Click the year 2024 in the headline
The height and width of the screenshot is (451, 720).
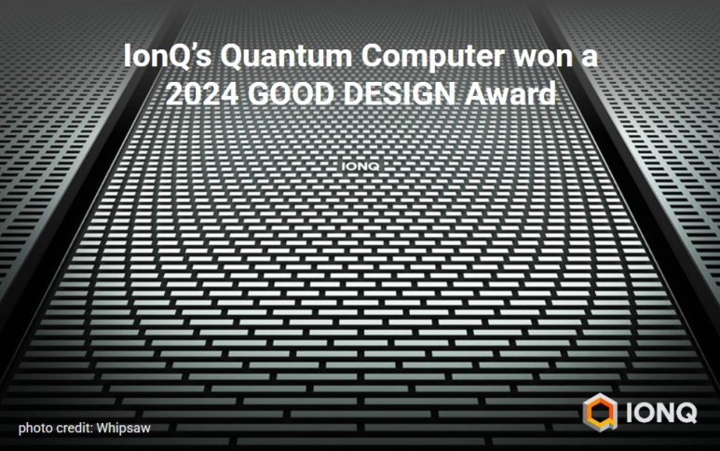point(202,94)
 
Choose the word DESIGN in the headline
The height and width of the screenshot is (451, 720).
point(400,94)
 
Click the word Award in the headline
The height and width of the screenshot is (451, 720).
point(509,94)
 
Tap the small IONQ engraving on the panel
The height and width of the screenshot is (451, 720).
point(360,166)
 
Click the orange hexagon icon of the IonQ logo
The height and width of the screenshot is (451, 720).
point(600,412)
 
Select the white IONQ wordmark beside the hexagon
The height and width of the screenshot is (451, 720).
point(661,413)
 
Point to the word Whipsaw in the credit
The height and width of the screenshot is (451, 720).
point(124,429)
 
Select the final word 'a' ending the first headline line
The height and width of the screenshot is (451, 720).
point(590,60)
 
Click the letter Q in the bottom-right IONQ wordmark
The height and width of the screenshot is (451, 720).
point(686,413)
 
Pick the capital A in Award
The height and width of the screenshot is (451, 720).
point(473,94)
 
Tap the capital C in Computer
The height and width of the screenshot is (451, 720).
point(373,56)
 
